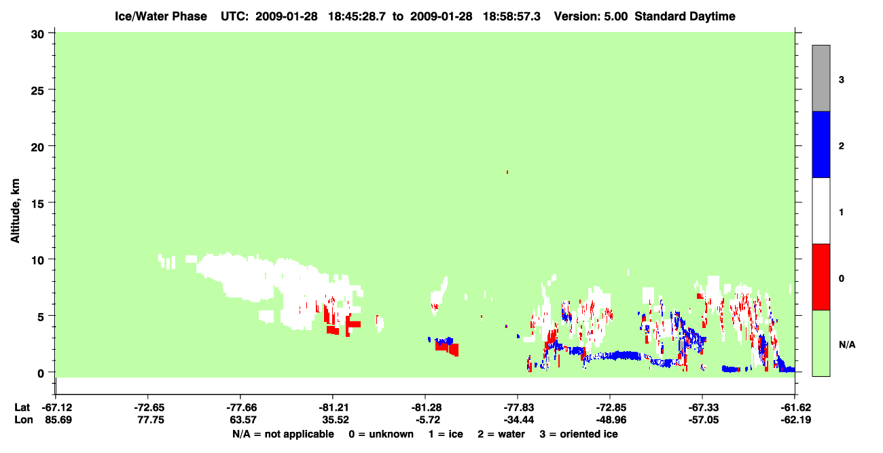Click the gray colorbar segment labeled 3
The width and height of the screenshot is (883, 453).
pos(821,78)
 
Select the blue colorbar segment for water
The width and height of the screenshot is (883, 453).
pos(821,144)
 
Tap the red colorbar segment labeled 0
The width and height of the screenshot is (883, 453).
pos(821,277)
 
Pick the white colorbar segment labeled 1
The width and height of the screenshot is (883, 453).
pos(821,211)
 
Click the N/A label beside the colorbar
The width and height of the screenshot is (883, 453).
pos(847,344)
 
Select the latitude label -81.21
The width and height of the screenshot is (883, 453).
pos(333,407)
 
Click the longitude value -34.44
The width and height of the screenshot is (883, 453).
pos(519,420)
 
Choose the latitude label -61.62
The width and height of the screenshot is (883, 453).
pos(796,407)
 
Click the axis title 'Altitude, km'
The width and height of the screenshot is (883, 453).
pos(15,211)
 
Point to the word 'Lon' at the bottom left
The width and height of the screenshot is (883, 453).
pos(24,420)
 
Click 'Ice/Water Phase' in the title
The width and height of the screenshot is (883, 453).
pos(161,16)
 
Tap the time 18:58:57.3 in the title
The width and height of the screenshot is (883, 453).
pos(511,16)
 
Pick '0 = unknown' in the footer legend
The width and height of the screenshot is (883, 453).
pos(381,434)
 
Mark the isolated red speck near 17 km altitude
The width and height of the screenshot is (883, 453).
pos(507,172)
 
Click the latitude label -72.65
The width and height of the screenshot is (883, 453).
pos(149,407)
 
